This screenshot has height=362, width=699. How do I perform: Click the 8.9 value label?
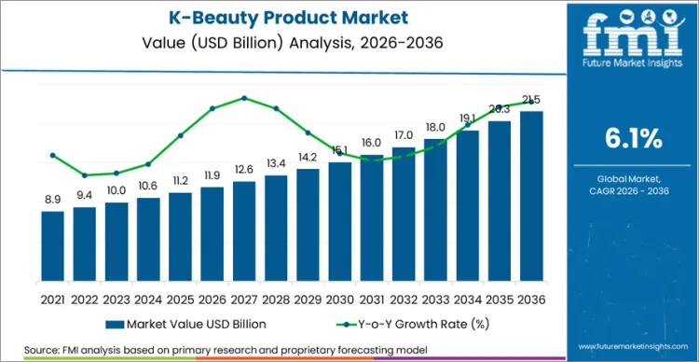(53, 200)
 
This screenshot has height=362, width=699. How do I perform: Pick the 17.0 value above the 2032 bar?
(404, 135)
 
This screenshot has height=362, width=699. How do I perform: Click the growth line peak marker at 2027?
(244, 98)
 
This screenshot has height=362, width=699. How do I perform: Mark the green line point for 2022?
(85, 174)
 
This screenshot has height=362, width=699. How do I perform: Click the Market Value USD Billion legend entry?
(193, 325)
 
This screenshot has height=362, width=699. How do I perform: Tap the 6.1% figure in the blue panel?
(634, 139)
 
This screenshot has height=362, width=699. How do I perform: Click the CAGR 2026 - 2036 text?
(634, 189)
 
